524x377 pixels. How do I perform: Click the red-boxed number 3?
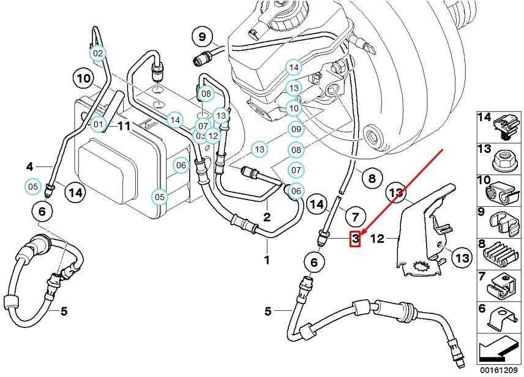[x=355, y=239]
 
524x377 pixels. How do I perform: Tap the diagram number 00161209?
[x=499, y=370]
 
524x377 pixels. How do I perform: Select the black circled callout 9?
[x=203, y=36]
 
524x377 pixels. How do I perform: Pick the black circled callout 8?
[x=372, y=178]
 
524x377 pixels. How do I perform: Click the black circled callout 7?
[x=355, y=217]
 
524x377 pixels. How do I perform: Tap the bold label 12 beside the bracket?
[x=377, y=239]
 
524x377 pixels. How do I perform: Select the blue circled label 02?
[x=97, y=53]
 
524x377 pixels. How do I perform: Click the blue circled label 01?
[x=98, y=125]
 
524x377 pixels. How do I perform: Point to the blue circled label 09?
[x=296, y=129]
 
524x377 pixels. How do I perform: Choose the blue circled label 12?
[x=212, y=135]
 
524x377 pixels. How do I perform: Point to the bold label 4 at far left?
[x=30, y=166]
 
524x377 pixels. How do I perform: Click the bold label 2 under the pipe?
[x=267, y=217]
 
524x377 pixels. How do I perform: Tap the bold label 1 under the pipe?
[x=267, y=259]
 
